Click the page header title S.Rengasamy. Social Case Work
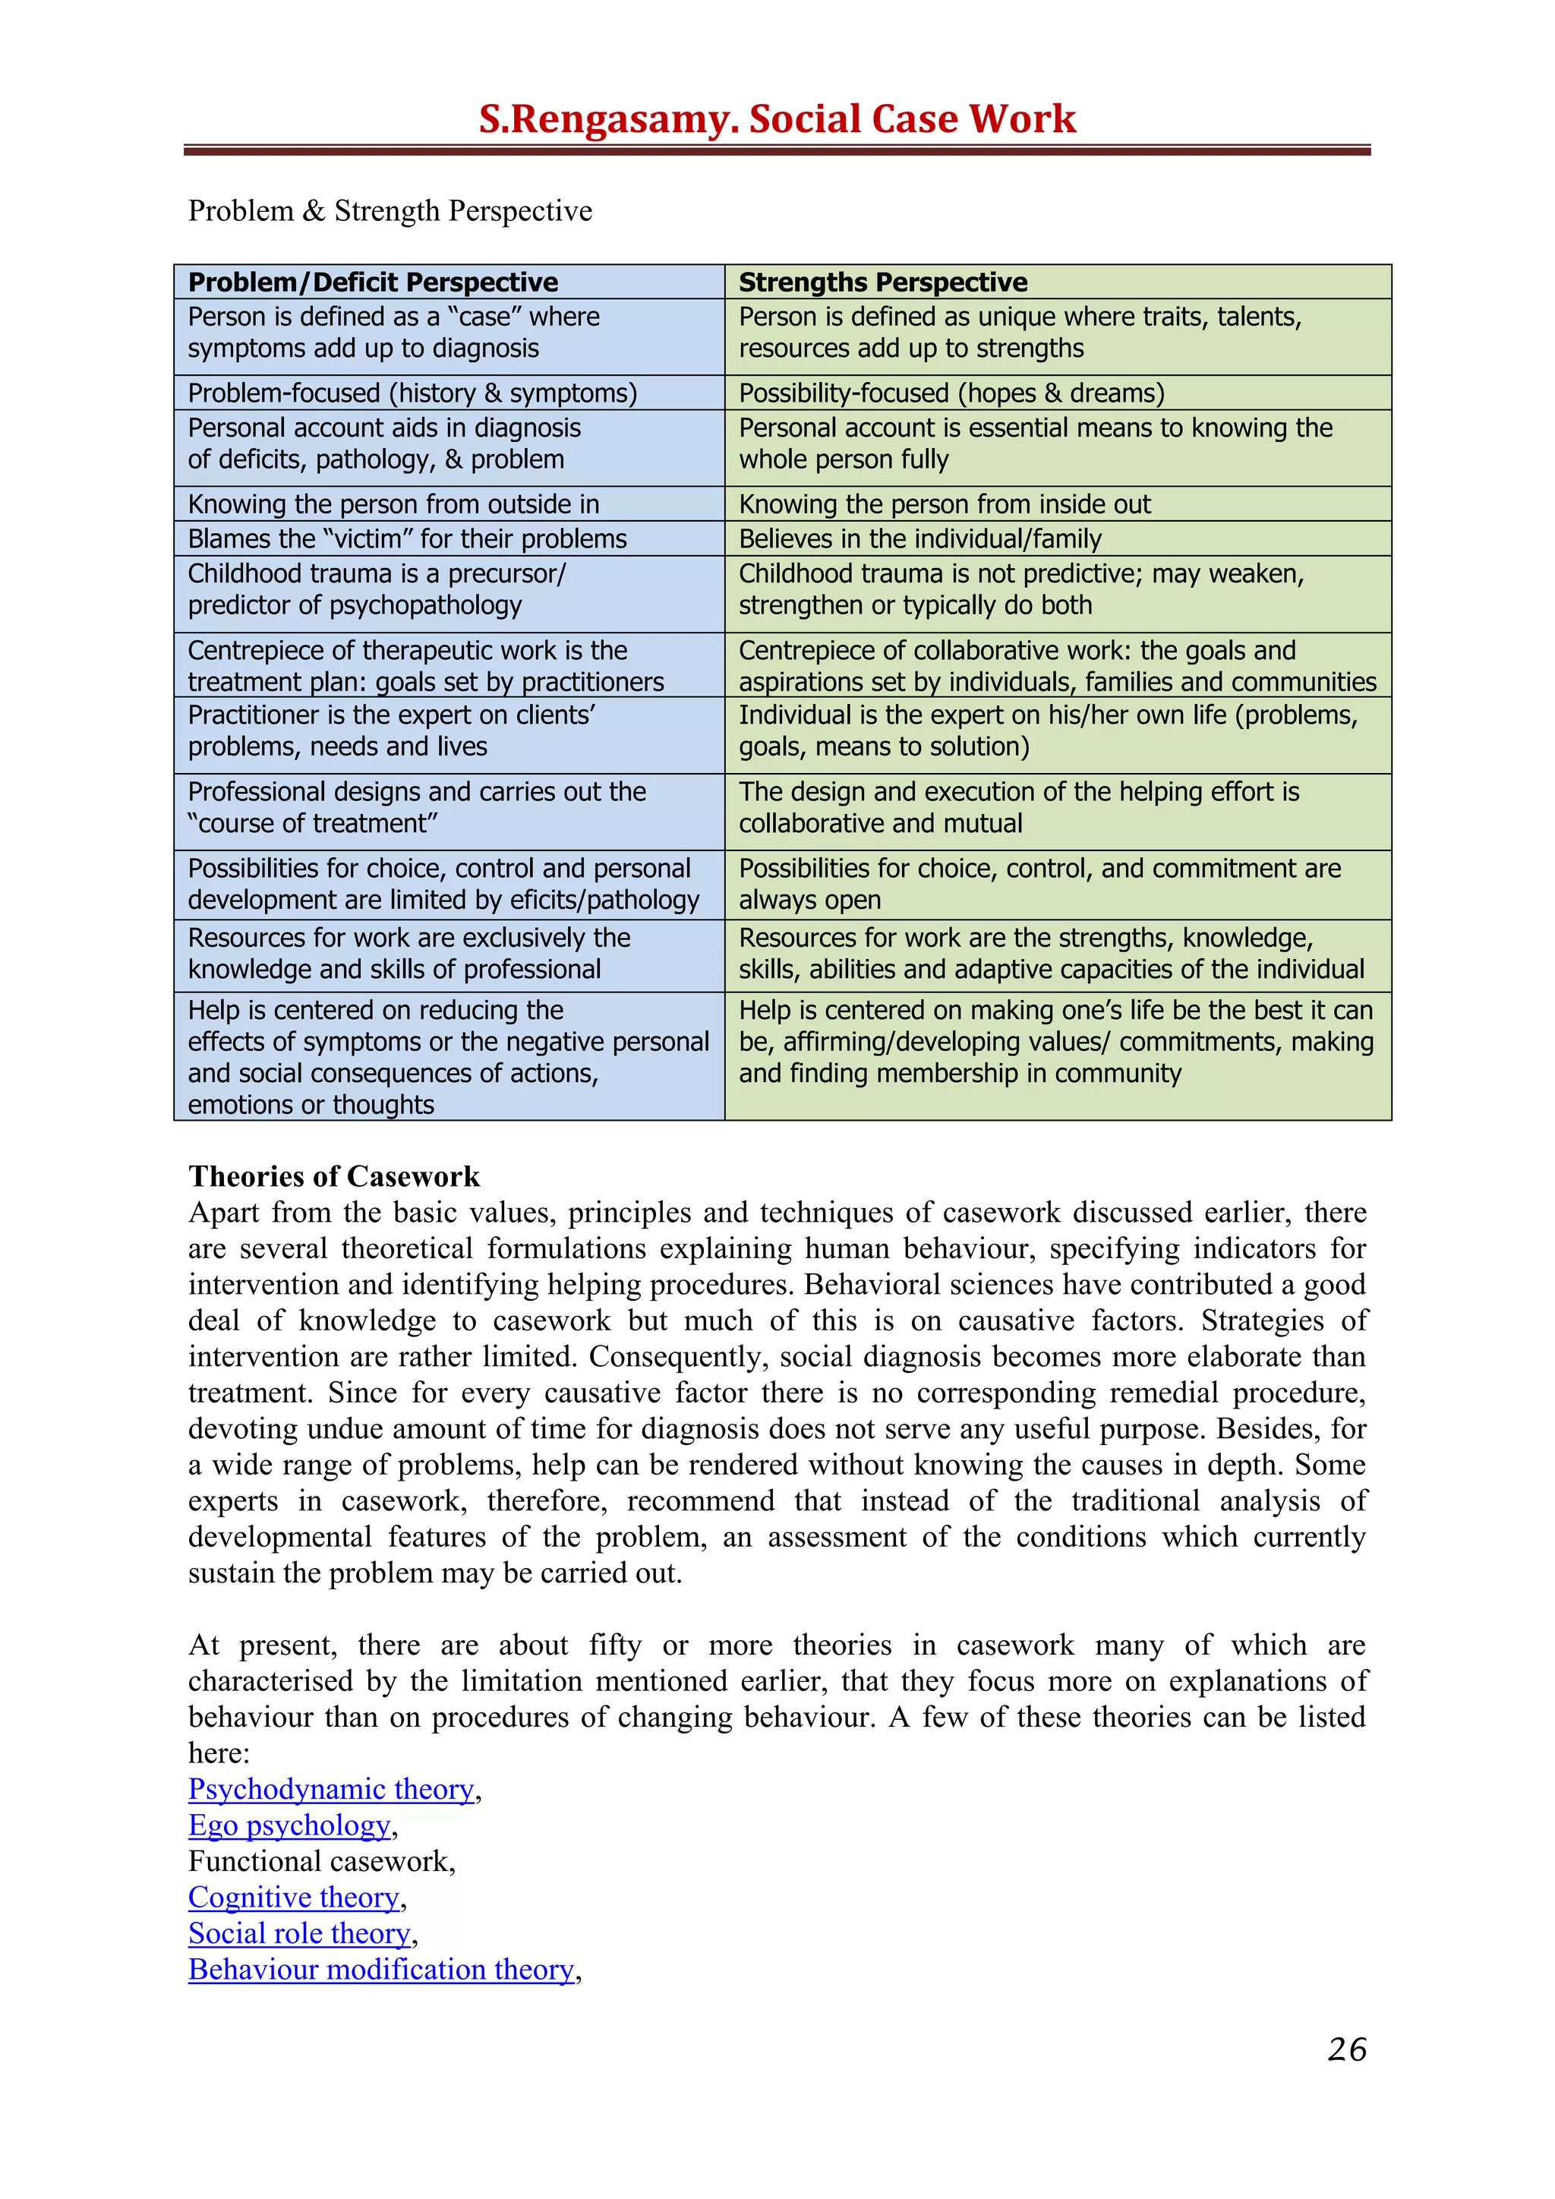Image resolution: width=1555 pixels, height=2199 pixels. [777, 118]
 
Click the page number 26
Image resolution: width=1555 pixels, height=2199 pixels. [1346, 2049]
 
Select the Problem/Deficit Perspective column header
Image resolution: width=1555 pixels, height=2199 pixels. [373, 282]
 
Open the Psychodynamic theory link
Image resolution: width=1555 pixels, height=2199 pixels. [331, 1789]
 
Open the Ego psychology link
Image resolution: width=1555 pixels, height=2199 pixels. [289, 1825]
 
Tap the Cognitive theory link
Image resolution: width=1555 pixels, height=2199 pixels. [293, 1898]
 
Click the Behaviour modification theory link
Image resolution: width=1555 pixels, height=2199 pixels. [381, 1970]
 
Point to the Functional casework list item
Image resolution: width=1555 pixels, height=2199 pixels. [320, 1861]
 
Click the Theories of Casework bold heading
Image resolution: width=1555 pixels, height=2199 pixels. [333, 1176]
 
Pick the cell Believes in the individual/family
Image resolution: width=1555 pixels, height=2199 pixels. [919, 539]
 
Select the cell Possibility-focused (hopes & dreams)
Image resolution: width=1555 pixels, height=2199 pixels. [951, 393]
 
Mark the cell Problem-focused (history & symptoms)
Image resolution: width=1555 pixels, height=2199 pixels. [412, 393]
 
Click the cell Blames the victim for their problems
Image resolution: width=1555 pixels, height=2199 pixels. [407, 539]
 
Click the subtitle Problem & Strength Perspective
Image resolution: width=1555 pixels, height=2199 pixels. [390, 210]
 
